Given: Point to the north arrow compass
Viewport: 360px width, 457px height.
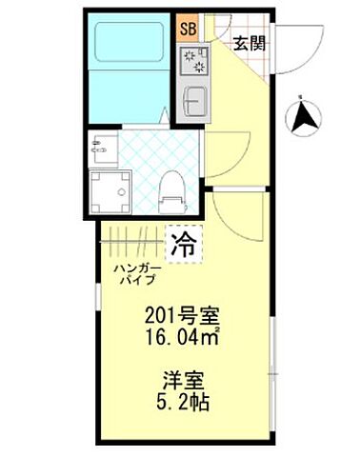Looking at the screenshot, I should pos(306,117).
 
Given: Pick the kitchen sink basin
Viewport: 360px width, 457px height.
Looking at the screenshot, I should pos(193,100).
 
